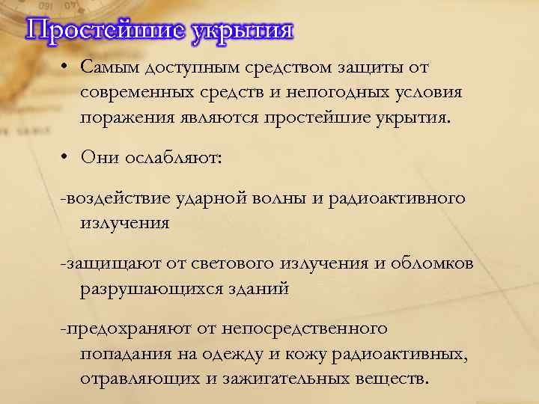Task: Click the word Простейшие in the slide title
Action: coord(106,31)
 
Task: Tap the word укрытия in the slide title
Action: coord(243,31)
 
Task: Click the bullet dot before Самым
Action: coord(67,68)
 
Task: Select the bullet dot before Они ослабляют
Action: coord(67,156)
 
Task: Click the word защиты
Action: coord(371,69)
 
